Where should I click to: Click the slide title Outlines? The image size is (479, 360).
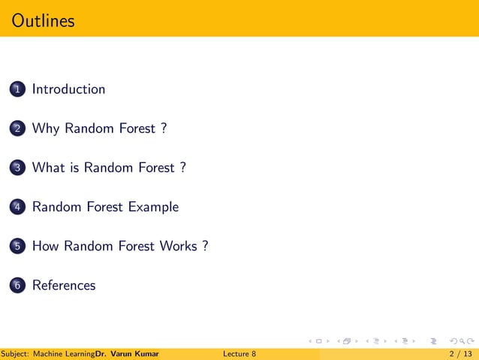pyautogui.click(x=44, y=20)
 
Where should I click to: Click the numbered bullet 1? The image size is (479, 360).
pyautogui.click(x=17, y=89)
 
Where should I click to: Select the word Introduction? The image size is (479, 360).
pyautogui.click(x=68, y=89)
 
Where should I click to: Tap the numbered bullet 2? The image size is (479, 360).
pyautogui.click(x=17, y=129)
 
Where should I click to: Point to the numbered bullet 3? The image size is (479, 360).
pyautogui.click(x=17, y=168)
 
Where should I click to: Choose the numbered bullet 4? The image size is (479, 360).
pyautogui.click(x=17, y=207)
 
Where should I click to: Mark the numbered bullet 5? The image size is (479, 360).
pyautogui.click(x=17, y=247)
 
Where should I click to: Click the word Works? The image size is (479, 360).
pyautogui.click(x=178, y=247)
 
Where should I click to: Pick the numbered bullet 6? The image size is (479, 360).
pyautogui.click(x=17, y=286)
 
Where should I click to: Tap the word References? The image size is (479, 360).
pyautogui.click(x=64, y=286)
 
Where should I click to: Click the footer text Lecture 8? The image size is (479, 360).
pyautogui.click(x=239, y=353)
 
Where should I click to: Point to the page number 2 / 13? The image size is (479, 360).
pyautogui.click(x=460, y=353)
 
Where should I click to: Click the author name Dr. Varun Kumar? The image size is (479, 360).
pyautogui.click(x=127, y=353)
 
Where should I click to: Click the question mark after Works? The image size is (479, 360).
pyautogui.click(x=204, y=247)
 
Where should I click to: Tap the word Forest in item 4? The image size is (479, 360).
pyautogui.click(x=103, y=207)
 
